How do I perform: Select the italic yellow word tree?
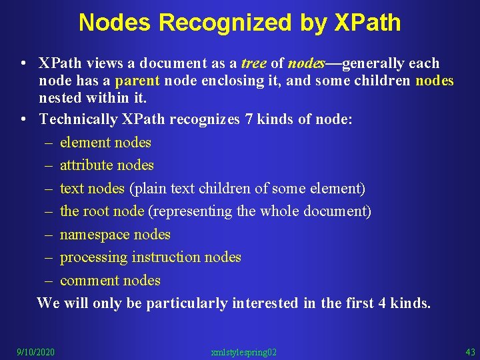[x=253, y=63]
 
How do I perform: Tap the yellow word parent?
[x=137, y=81]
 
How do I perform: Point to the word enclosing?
[x=226, y=81]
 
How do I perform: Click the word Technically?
[x=79, y=119]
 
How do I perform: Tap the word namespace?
[x=95, y=235]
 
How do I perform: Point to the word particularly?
[x=187, y=303]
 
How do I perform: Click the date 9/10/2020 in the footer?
[x=36, y=352]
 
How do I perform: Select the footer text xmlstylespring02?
[x=243, y=352]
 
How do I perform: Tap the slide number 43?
[x=470, y=352]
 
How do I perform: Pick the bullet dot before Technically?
[x=23, y=119]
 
